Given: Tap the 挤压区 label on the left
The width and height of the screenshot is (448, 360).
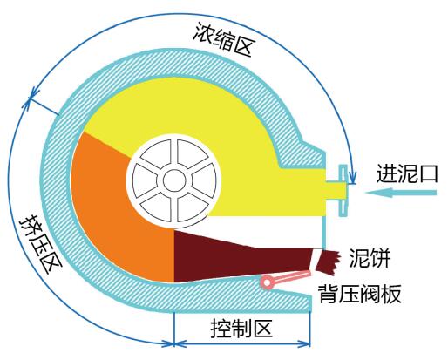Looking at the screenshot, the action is click(x=41, y=244).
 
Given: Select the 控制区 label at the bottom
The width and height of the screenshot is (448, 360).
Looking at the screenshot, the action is click(x=241, y=329).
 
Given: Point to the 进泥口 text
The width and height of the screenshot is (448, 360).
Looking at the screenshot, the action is click(x=407, y=173).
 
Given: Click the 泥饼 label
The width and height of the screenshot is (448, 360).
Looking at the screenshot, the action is click(x=370, y=258).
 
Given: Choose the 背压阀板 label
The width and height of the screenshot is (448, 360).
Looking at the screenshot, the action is click(x=360, y=294).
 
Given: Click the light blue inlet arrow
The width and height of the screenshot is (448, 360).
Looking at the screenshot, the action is click(x=401, y=193).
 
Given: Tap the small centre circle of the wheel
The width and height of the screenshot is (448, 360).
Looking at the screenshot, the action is click(x=174, y=180).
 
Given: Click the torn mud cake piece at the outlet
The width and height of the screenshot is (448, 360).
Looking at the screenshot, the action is click(x=328, y=262).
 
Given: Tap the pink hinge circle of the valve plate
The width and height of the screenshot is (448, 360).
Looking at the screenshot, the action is click(x=268, y=282).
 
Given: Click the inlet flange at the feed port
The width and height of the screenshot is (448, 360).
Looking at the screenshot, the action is click(x=343, y=191).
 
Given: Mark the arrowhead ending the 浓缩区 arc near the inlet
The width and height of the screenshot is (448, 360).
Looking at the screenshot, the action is click(x=352, y=179).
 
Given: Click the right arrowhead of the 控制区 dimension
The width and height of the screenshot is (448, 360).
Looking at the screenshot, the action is click(x=305, y=344).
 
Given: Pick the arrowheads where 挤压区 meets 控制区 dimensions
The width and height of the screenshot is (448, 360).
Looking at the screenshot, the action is click(x=173, y=344).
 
